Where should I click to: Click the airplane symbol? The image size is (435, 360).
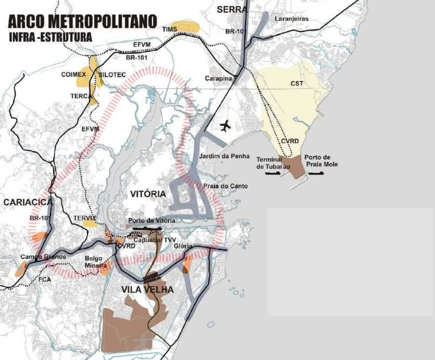click(226, 126)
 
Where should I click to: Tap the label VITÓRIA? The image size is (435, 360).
click(148, 194)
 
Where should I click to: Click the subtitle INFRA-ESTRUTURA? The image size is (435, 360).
click(50, 38)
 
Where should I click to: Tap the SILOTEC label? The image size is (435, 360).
click(112, 75)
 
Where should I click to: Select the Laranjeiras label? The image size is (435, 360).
click(291, 19)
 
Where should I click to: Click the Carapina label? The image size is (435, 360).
click(219, 78)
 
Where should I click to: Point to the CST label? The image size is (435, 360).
click(297, 84)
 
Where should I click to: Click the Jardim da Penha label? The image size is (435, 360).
click(224, 156)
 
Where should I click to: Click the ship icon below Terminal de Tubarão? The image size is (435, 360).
click(273, 173)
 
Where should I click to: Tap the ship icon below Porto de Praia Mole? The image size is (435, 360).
click(316, 173)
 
